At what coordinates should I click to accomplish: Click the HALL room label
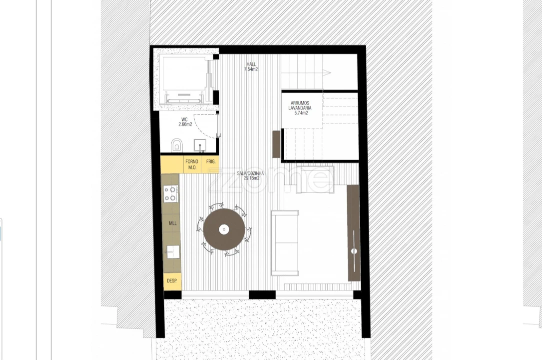251,64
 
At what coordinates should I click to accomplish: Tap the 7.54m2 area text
251,69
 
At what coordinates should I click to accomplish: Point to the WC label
184,120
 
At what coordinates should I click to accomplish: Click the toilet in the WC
176,145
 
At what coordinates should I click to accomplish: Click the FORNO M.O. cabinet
192,164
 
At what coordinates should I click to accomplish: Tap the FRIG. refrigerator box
210,162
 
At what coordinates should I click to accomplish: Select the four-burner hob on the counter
171,193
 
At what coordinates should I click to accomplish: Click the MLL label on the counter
172,223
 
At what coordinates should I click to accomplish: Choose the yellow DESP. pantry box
172,281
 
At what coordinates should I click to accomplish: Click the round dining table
224,229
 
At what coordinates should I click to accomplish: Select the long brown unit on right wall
354,232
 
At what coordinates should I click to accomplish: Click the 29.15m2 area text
251,178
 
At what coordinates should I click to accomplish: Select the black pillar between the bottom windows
262,295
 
